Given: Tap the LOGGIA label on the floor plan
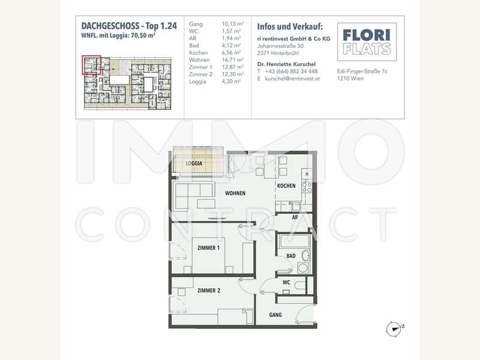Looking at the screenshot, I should click(x=194, y=163).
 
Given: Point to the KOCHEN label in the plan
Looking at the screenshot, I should click(x=286, y=186).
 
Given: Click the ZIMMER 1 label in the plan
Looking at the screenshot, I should click(x=209, y=247).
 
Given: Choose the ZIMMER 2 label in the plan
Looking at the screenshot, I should click(x=209, y=290).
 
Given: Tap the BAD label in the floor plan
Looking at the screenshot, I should click(x=290, y=255).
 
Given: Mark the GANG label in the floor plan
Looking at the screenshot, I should click(x=275, y=314).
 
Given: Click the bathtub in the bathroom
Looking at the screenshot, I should click(x=293, y=242).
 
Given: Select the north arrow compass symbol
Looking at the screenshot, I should click(x=394, y=328).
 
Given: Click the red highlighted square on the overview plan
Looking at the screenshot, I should click(x=92, y=65).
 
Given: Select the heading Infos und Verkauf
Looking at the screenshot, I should click(x=290, y=26).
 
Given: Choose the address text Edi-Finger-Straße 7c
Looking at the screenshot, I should click(x=363, y=71).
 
